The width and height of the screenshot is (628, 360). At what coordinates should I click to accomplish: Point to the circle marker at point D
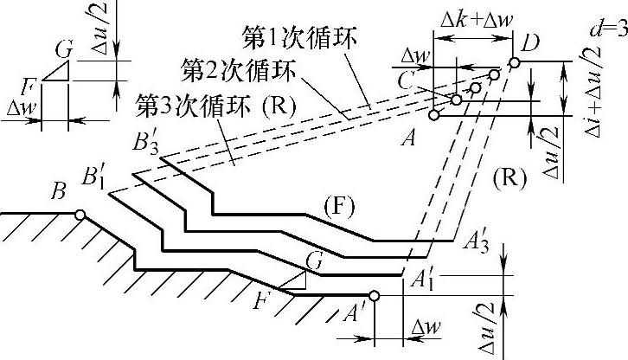pos(514,62)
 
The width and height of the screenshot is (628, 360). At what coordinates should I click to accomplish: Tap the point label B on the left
pos(59,192)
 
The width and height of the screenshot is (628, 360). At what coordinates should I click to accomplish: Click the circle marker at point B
pos(79,215)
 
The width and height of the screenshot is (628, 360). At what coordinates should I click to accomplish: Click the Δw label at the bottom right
pos(424,330)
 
